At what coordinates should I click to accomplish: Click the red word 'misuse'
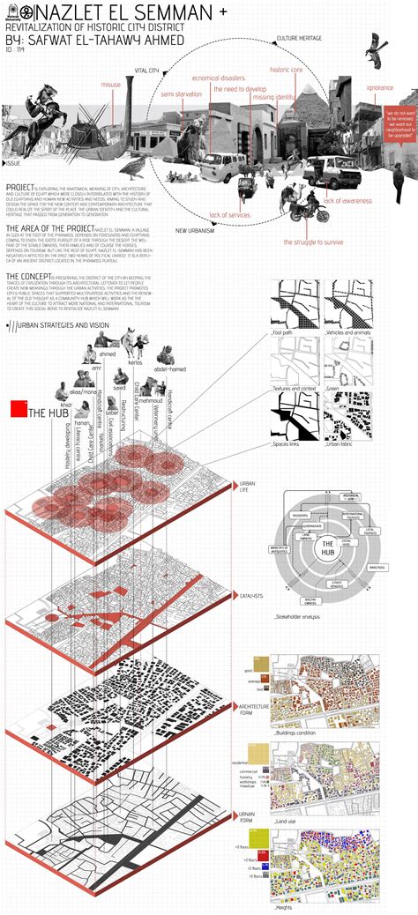coord(111,86)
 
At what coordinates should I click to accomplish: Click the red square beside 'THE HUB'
coord(17,410)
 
